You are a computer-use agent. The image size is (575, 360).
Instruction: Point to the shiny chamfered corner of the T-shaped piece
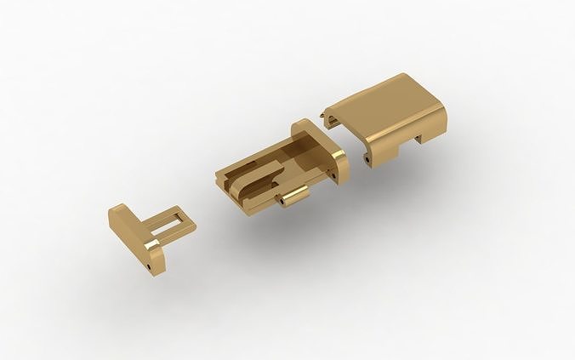point(152,247)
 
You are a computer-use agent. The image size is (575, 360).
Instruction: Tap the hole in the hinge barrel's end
point(282,204)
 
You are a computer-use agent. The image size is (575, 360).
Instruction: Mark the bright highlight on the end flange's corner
point(340,157)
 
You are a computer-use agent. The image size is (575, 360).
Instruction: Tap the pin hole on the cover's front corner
point(367,158)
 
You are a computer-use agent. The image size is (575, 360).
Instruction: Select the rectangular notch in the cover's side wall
point(420,140)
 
